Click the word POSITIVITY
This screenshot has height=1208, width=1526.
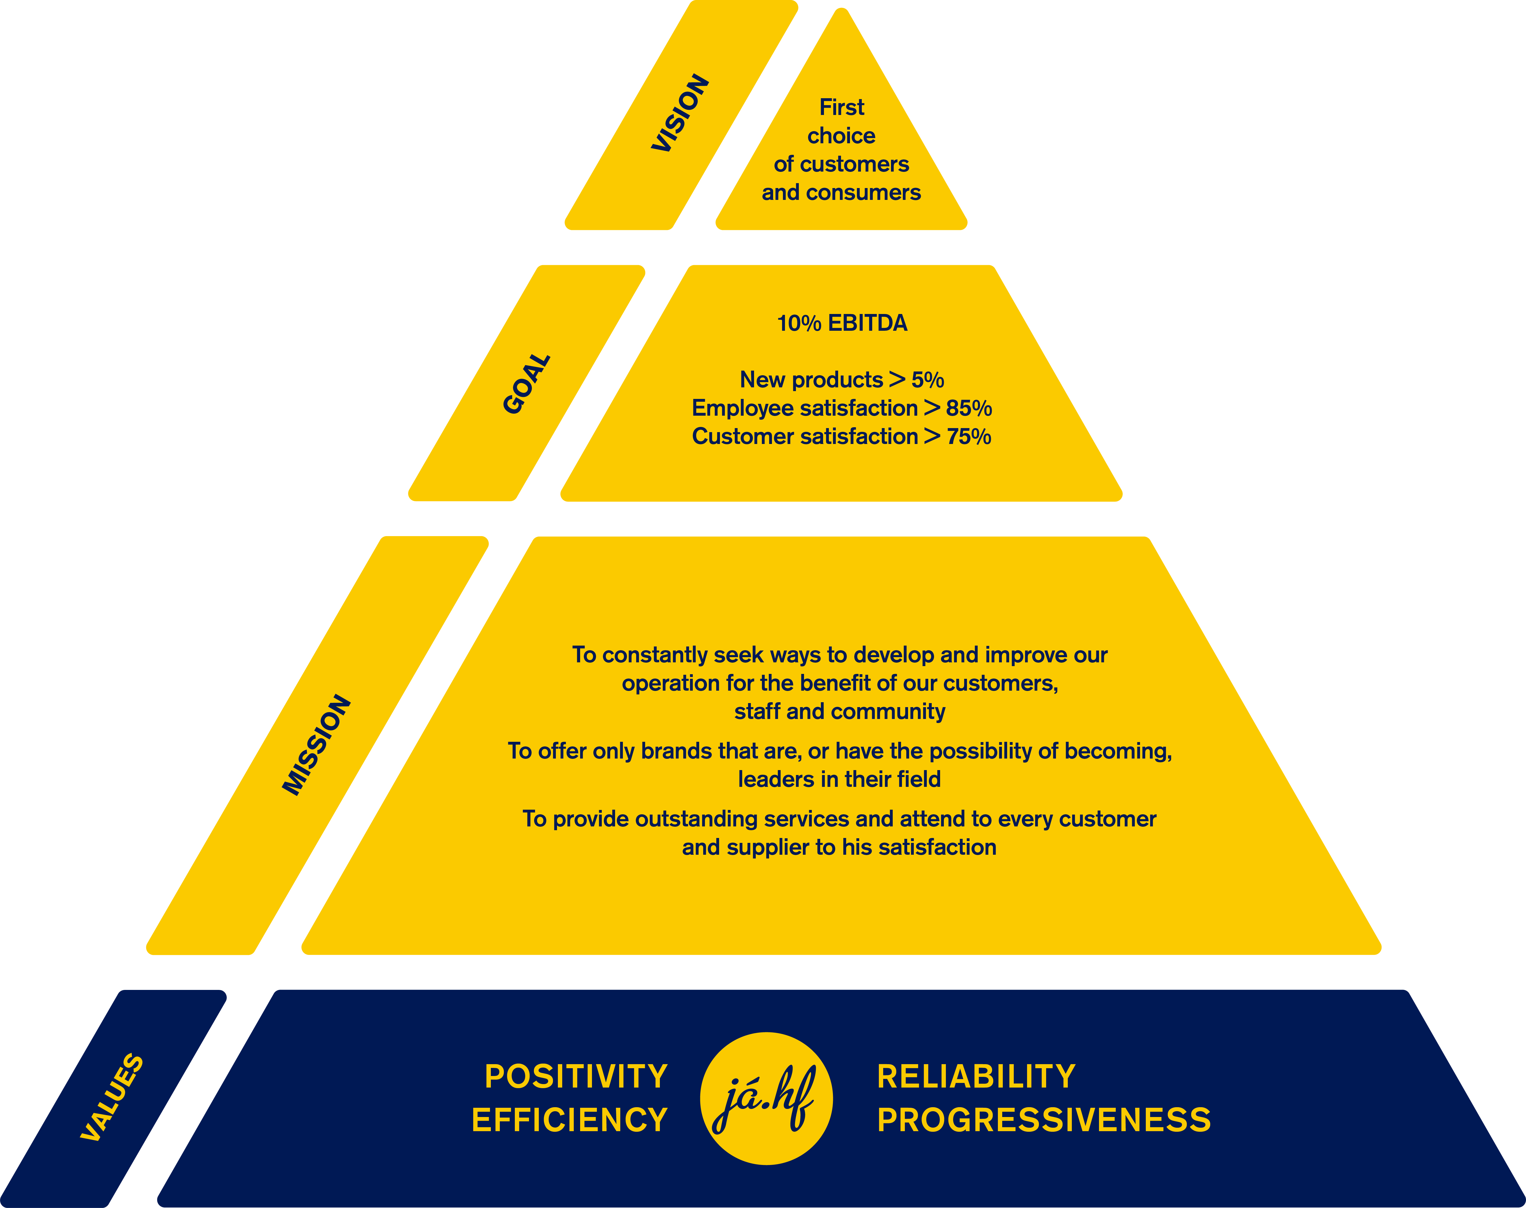576,1077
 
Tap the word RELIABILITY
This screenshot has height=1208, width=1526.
976,1077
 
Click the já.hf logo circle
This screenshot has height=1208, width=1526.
766,1098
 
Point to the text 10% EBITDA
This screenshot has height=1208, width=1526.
842,323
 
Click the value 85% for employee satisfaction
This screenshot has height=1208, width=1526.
968,408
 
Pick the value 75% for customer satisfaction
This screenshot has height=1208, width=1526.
968,436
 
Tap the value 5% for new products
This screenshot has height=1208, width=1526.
927,380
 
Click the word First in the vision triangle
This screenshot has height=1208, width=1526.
841,107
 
